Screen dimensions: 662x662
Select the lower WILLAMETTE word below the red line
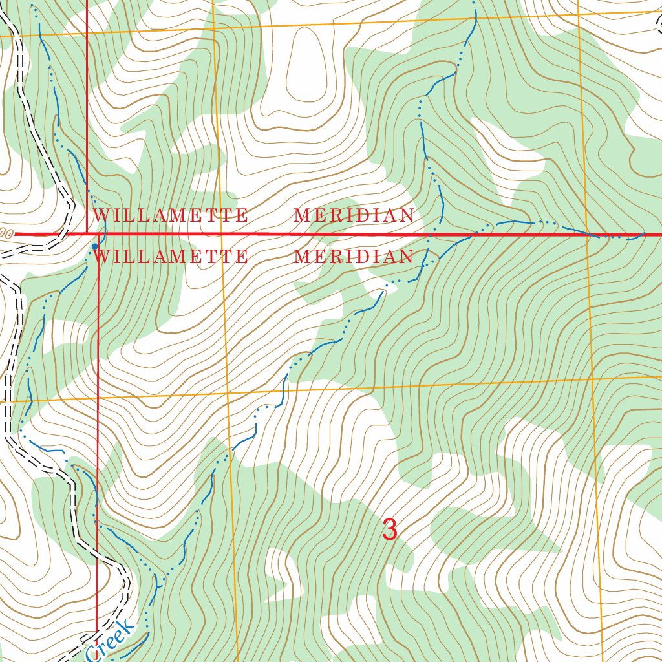[171, 257]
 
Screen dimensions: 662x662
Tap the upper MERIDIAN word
[354, 215]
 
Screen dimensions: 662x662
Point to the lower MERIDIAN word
[354, 257]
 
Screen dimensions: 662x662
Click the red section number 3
[389, 530]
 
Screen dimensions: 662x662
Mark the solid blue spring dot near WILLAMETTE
[95, 246]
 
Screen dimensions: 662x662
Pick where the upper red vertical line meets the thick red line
[87, 233]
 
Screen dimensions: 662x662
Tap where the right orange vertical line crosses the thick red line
[586, 235]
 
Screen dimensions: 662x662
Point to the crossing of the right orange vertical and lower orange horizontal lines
[592, 376]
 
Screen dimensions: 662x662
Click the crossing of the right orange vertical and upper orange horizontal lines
[578, 14]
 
